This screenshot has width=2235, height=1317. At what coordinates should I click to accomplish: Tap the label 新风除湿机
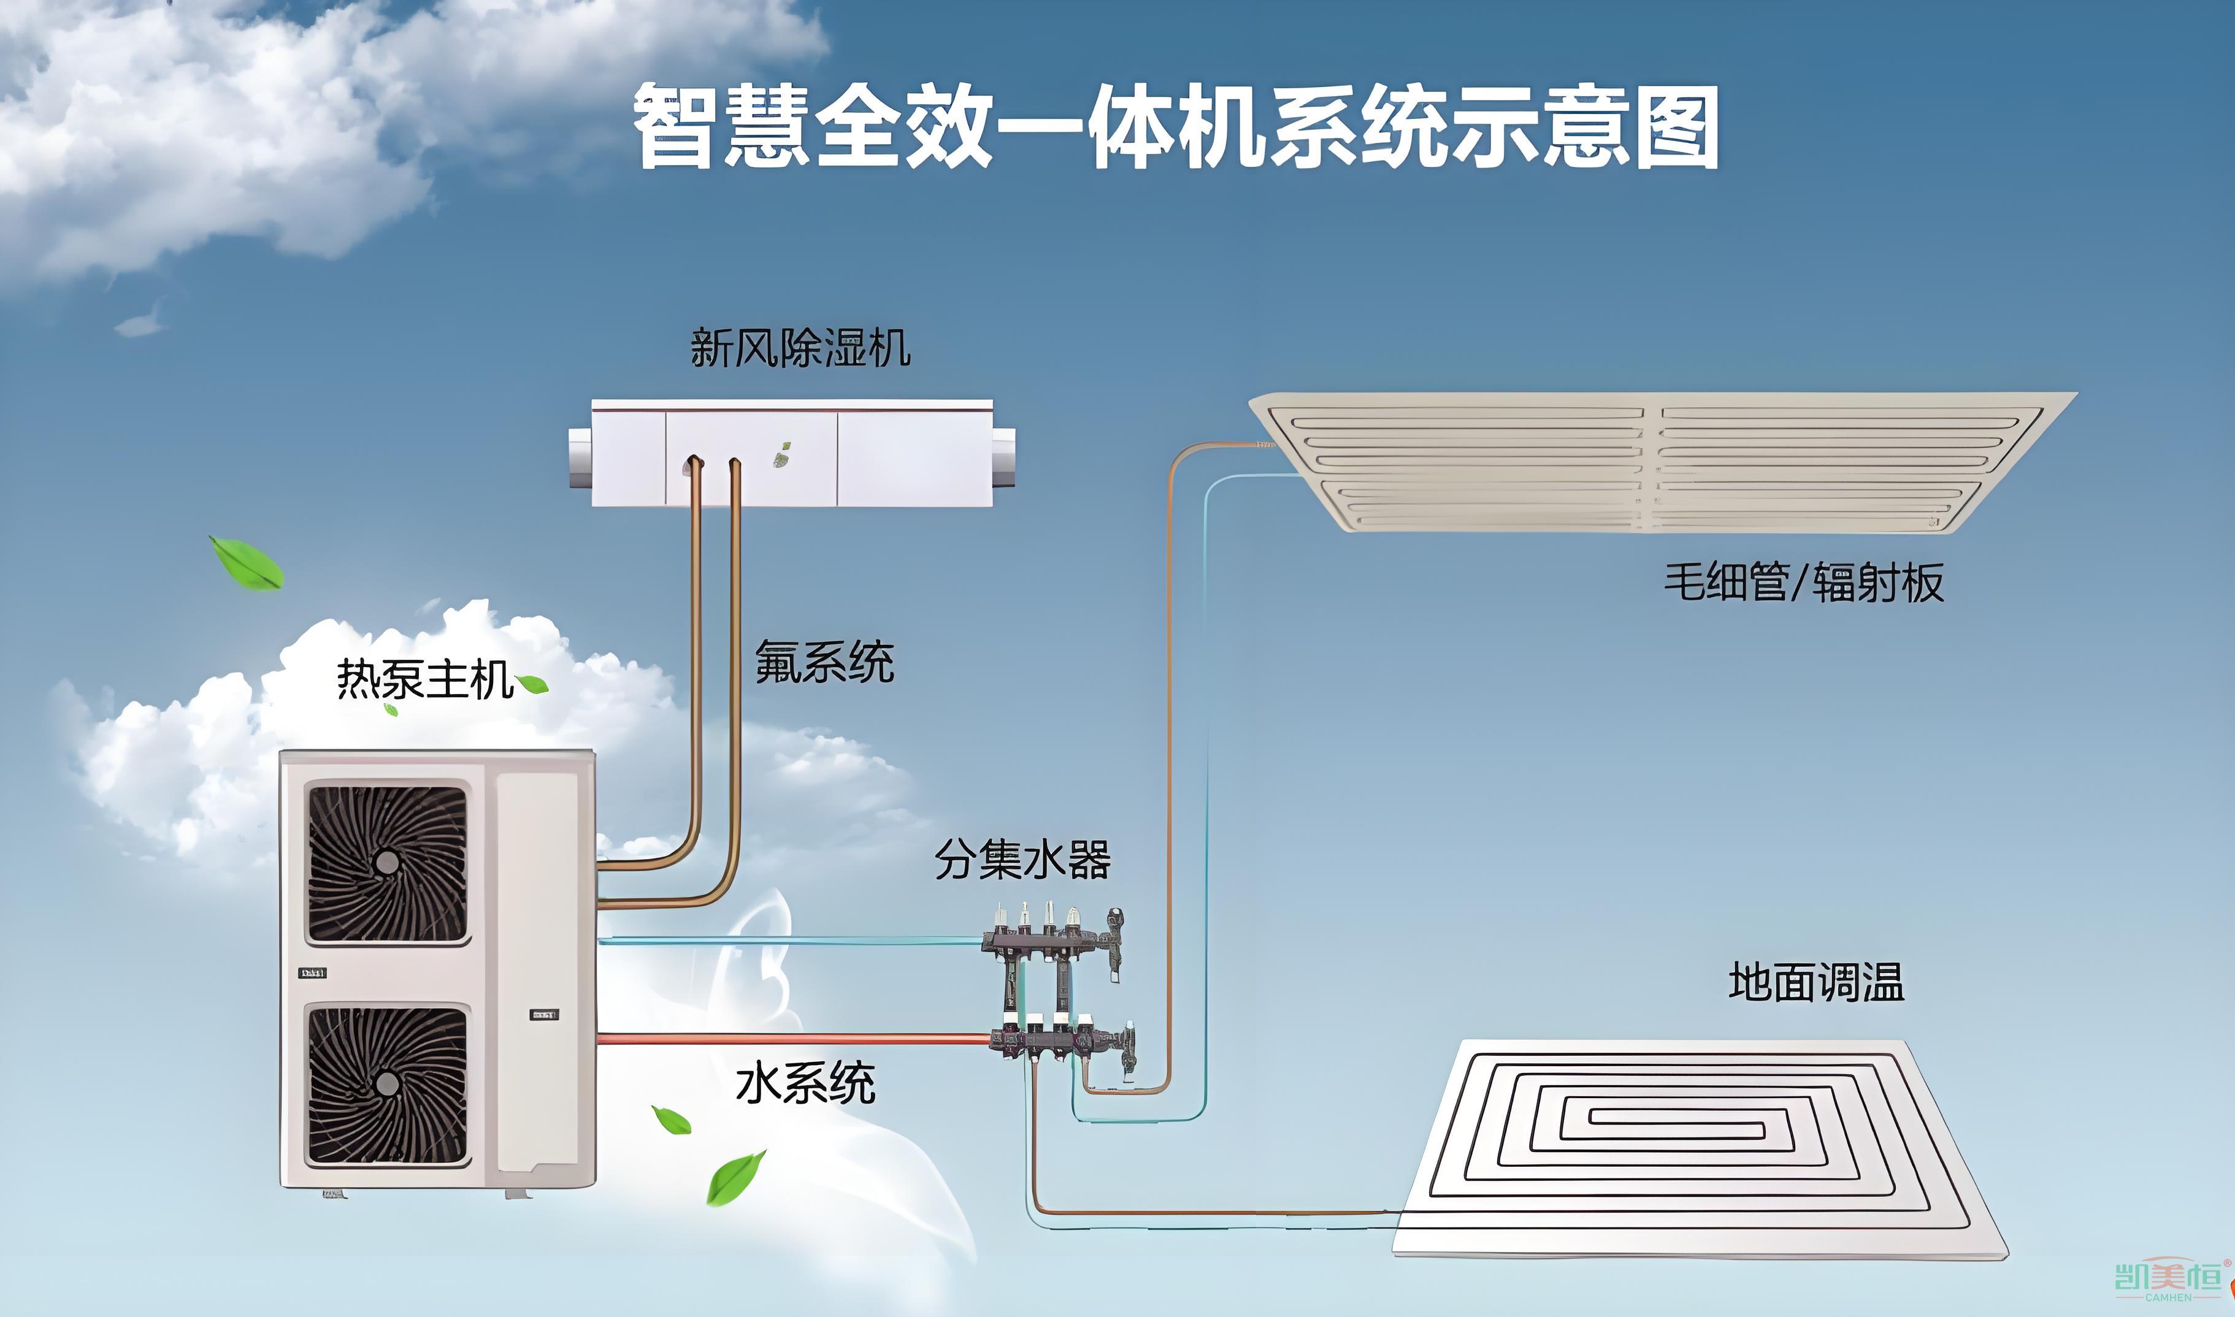[x=800, y=348]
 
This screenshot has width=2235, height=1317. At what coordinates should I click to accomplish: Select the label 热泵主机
[x=424, y=681]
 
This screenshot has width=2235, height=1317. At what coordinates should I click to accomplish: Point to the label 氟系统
[x=824, y=662]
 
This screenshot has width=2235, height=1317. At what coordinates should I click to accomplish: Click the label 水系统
[x=805, y=1083]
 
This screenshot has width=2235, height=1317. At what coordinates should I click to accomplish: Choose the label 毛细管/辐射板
[x=1803, y=583]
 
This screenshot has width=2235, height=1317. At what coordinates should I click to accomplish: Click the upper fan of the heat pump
[x=387, y=861]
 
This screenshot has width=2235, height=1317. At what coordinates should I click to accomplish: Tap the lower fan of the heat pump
[x=387, y=1083]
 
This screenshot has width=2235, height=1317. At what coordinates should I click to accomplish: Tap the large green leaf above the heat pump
[x=247, y=563]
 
